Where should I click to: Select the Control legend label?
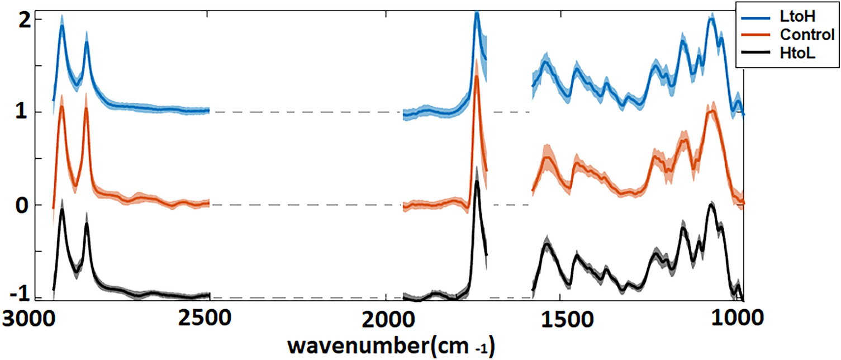pos(807,34)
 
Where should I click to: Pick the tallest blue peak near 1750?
pos(477,13)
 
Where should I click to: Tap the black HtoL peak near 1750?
pos(477,181)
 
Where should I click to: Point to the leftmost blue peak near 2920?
pos(62,26)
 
